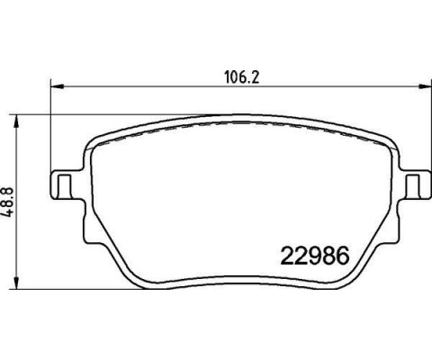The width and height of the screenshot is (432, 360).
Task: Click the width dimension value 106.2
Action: (236, 76)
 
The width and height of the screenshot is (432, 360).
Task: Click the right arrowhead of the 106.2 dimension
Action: (422, 87)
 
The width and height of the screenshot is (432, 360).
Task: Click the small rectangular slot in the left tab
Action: (65, 185)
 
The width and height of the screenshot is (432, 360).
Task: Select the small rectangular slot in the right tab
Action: (414, 185)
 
